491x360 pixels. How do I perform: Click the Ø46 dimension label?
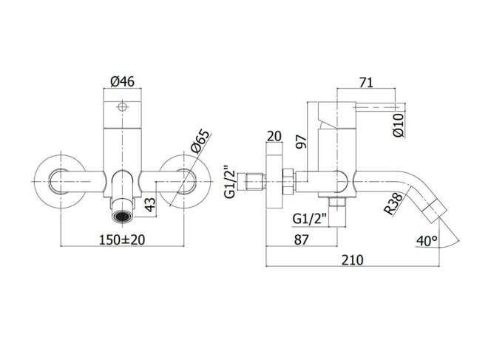[x=122, y=82]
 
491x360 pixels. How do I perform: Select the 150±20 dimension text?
[x=122, y=240]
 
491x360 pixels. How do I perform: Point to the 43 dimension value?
[x=151, y=204]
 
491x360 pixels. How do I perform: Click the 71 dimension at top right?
[x=366, y=82]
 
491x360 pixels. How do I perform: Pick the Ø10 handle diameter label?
[x=399, y=125]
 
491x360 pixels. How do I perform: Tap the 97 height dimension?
[x=301, y=142]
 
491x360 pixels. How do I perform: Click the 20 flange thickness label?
[x=274, y=136]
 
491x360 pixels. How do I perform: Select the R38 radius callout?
[x=393, y=204]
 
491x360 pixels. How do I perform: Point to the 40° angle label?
[x=427, y=241]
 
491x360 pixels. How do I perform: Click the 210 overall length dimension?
[x=352, y=259]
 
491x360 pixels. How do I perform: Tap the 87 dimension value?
[x=301, y=240]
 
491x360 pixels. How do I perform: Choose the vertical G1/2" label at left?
[x=230, y=182]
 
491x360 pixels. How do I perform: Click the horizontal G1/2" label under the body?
[x=309, y=219]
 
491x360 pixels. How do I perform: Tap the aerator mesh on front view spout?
[x=122, y=217]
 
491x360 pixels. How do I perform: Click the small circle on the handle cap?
[x=122, y=107]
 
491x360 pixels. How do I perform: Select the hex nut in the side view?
[x=288, y=182]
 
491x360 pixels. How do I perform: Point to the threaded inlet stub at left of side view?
[x=256, y=182]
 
